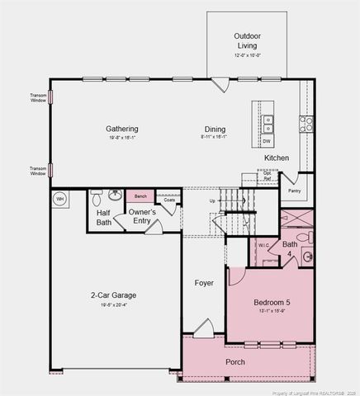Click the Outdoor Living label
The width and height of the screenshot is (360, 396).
[x=247, y=41]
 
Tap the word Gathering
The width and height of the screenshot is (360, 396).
[x=121, y=129]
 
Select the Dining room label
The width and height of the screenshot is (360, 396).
[x=215, y=129]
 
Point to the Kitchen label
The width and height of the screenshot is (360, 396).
[x=276, y=158]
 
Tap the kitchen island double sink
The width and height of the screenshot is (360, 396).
[x=268, y=124]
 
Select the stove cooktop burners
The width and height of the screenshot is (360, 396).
[x=306, y=125]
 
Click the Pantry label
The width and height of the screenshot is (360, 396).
[x=295, y=191]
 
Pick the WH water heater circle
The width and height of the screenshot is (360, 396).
[x=59, y=199]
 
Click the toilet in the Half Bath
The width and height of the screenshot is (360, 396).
[x=97, y=198]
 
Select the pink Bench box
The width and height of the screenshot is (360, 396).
[x=140, y=196]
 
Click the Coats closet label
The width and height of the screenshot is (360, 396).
[x=168, y=200]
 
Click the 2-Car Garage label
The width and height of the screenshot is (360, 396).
[x=113, y=295]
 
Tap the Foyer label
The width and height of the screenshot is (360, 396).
[x=204, y=283]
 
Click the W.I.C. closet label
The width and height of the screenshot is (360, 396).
[x=263, y=245]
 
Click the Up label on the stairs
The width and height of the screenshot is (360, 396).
[x=212, y=200]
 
